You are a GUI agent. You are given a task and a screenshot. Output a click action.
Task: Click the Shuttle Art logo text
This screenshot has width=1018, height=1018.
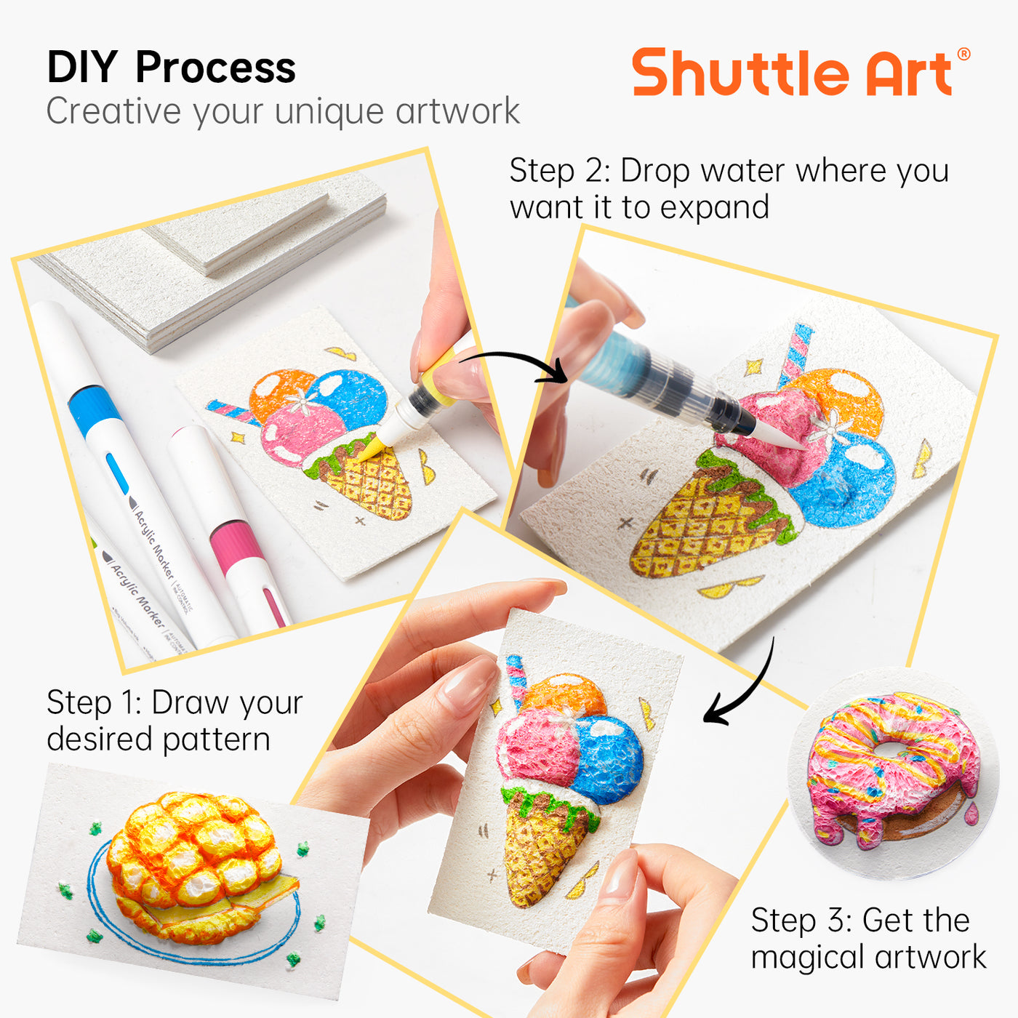tap(793, 73)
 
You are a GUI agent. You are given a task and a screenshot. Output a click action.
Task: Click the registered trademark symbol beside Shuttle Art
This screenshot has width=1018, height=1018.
tap(963, 55)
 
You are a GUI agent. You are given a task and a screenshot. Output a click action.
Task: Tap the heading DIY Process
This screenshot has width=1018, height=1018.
tap(171, 68)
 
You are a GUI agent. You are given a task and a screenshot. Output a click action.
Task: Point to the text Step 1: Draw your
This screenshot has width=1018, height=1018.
tap(175, 703)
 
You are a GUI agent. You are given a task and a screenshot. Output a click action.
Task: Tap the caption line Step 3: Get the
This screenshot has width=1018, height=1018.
tap(860, 921)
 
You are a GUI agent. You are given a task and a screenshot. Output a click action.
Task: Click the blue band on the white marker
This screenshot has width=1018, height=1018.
tap(95, 411)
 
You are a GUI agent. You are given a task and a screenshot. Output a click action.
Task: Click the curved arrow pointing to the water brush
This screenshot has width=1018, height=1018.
tap(516, 364)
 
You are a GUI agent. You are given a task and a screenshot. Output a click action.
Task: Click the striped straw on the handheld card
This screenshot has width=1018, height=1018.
tap(516, 680)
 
